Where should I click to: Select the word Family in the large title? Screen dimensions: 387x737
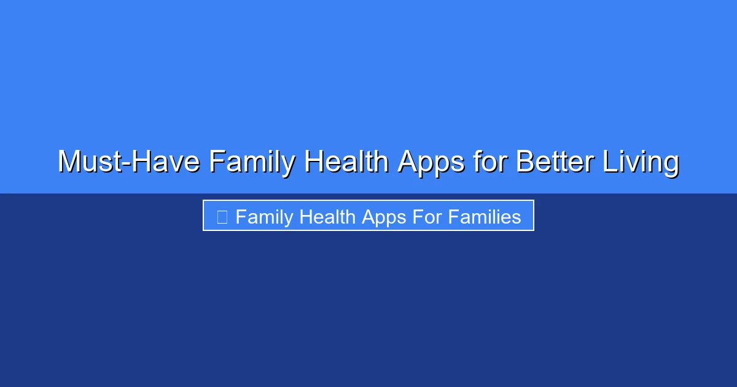252,162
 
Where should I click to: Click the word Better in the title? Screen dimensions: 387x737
554,162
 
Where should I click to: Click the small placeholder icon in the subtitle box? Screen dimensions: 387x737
222,217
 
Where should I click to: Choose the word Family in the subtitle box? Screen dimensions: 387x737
264,217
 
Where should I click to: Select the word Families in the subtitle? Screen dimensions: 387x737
485,217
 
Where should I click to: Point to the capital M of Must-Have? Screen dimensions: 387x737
69,162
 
